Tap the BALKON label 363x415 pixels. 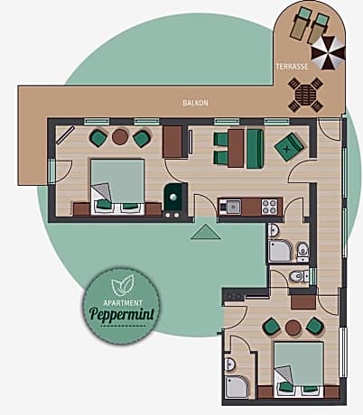pos(195,103)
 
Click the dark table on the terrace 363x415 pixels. pos(304,91)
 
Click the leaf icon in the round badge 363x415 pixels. pos(121,288)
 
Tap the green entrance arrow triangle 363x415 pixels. pos(207,232)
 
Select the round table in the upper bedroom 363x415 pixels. pos(120,137)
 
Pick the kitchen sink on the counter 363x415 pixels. pos(231,206)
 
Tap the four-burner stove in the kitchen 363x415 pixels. pos(269,206)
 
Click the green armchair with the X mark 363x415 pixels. pos(291,143)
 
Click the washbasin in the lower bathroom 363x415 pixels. pos(230,364)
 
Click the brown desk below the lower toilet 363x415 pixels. pos(303,300)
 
